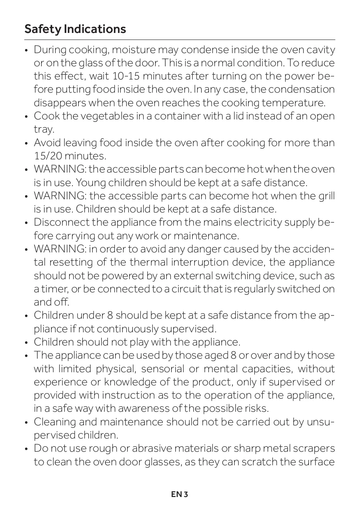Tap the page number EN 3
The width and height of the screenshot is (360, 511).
pyautogui.click(x=180, y=494)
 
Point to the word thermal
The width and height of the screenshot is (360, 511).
pyautogui.click(x=149, y=262)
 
